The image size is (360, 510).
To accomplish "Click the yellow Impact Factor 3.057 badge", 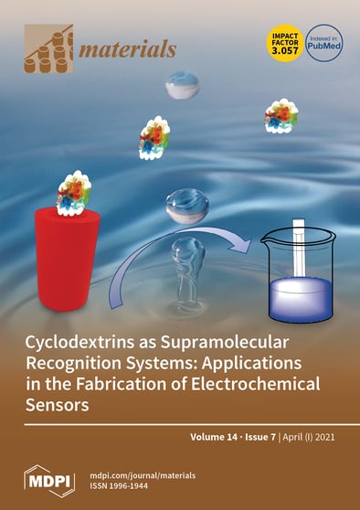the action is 280,42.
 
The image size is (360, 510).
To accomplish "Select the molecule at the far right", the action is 281,116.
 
